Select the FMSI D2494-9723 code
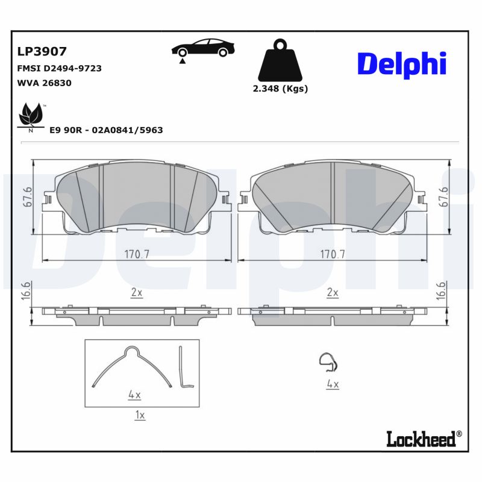click(60, 68)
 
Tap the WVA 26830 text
click(45, 83)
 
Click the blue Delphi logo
click(402, 63)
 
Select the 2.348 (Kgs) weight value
click(280, 89)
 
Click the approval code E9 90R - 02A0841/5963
click(106, 130)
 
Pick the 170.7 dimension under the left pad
click(137, 254)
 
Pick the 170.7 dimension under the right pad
click(332, 254)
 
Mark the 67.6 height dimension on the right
click(444, 197)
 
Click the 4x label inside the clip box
click(134, 395)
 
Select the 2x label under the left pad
click(137, 293)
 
